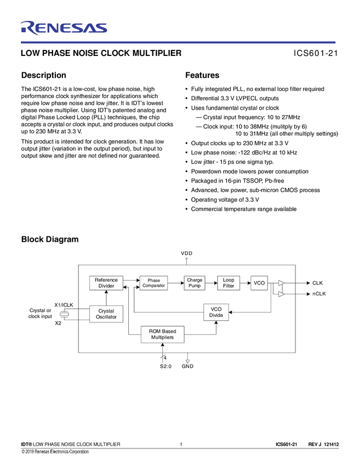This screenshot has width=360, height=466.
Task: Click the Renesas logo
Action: (x=64, y=28)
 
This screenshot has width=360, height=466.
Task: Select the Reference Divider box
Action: (x=106, y=283)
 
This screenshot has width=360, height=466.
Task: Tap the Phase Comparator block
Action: (x=153, y=283)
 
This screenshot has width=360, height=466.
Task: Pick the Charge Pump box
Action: (x=195, y=283)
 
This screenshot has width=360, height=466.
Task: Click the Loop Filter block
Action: (x=228, y=283)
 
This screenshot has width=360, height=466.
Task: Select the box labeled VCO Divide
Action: (x=216, y=312)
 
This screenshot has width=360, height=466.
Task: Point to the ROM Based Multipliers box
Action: (x=162, y=334)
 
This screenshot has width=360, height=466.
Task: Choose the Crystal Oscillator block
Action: (x=106, y=314)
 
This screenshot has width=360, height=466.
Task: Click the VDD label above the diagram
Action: (x=187, y=253)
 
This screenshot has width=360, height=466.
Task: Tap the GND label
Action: (x=187, y=366)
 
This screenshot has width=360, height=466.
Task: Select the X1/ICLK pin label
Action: (x=64, y=304)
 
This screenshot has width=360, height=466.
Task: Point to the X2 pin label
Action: (x=58, y=323)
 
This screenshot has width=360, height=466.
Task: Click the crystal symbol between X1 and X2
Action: (x=64, y=314)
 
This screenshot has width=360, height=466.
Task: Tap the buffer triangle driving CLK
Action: (x=281, y=283)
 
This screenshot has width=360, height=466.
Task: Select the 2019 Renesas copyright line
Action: (x=55, y=452)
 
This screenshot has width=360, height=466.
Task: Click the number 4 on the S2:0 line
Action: (x=165, y=358)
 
